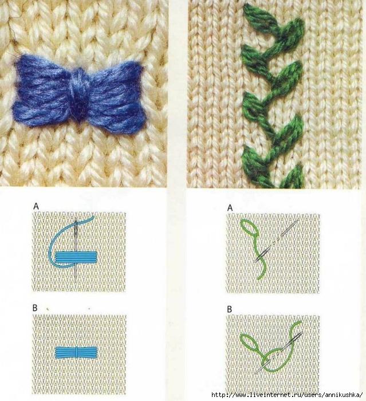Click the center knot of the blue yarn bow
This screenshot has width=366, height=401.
[x=78, y=95]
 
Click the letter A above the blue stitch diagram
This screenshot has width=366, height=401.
[x=36, y=206]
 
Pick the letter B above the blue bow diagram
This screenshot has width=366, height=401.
[x=35, y=308]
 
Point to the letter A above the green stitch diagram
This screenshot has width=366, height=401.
[x=230, y=208]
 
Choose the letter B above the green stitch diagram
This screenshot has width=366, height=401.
[x=230, y=309]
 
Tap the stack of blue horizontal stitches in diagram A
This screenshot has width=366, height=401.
[x=76, y=257]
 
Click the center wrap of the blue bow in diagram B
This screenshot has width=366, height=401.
[x=77, y=352]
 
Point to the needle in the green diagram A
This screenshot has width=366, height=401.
[x=276, y=241]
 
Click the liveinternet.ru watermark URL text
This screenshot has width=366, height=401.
[x=287, y=395]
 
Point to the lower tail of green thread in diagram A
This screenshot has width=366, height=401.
[x=264, y=269]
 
